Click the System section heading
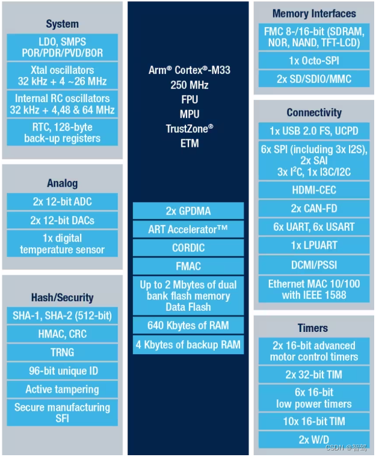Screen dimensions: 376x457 click(62, 24)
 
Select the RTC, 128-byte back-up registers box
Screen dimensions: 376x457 click(62, 132)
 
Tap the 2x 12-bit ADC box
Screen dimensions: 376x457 click(62, 201)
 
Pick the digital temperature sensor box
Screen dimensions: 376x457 click(62, 244)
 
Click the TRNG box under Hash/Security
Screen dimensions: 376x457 click(62, 352)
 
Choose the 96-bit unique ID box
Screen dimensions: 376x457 click(62, 371)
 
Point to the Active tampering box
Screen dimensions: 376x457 click(62, 390)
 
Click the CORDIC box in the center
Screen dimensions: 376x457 click(188, 247)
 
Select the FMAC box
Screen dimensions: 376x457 click(188, 265)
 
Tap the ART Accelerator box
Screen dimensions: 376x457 click(188, 229)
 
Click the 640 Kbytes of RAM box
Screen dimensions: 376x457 click(188, 326)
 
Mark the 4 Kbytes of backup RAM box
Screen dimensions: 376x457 click(188, 345)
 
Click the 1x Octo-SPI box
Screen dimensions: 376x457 click(313, 61)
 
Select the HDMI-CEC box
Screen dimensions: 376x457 click(313, 190)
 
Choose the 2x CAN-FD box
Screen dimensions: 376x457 click(313, 208)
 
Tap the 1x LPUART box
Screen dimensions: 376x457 click(313, 245)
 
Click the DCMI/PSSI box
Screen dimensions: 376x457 click(313, 263)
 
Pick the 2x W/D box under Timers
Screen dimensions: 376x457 click(313, 440)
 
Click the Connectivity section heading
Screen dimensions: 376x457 click(313, 112)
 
